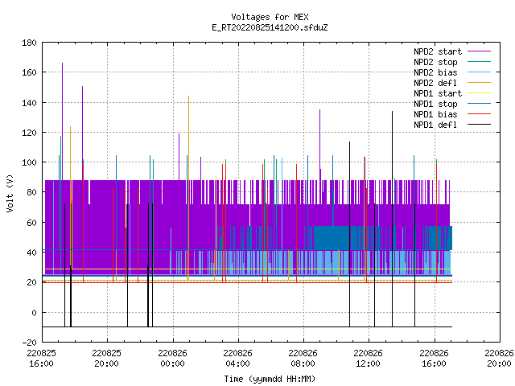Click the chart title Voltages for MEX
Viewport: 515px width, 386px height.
coord(270,17)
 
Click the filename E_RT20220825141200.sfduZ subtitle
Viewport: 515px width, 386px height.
coord(270,27)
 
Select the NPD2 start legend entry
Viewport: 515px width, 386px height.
coord(452,51)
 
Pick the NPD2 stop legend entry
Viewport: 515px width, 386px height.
coord(452,62)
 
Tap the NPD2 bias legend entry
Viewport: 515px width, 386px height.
coord(452,72)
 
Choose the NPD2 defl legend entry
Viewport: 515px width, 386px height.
coord(452,83)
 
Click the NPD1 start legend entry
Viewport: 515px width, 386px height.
coord(452,93)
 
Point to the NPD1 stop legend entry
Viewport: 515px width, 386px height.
coord(452,104)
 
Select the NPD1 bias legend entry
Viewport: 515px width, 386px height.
coord(452,114)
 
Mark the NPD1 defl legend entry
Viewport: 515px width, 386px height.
coord(452,125)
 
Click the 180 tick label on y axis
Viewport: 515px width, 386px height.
coord(29,43)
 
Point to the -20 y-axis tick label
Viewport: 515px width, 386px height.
coord(29,343)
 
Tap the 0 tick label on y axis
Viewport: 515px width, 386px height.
coord(34,313)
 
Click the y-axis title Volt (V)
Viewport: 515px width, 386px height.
coord(10,193)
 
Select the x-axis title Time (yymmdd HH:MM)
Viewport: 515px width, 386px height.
coord(270,379)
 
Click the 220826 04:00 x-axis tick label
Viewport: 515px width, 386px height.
coord(237,359)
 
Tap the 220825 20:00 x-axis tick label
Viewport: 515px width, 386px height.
coord(106,359)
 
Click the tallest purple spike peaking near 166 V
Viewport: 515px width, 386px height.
coord(63,121)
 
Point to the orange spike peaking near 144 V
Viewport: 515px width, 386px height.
coord(188,187)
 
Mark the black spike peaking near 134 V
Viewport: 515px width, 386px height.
coord(392,219)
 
